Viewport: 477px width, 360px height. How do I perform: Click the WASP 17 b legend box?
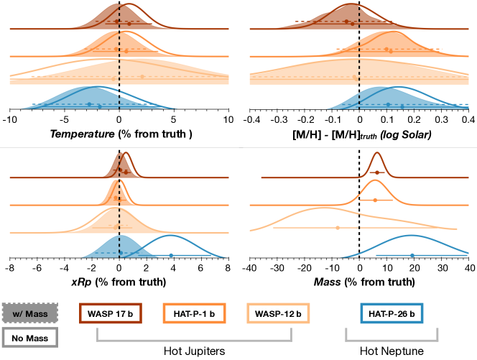tap(110, 314)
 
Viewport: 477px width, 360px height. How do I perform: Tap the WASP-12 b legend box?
tap(278, 314)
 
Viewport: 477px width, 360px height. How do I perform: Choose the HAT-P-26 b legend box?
tap(391, 314)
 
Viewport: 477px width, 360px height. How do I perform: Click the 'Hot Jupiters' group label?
tap(194, 351)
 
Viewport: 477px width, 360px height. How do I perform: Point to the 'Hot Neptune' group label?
tap(391, 351)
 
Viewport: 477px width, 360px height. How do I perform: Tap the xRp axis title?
tap(119, 283)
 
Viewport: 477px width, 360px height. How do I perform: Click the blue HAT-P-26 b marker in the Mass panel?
tap(412, 255)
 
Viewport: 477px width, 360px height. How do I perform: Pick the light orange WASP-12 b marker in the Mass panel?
tap(338, 228)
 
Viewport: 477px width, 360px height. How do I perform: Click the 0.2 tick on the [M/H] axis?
tap(414, 120)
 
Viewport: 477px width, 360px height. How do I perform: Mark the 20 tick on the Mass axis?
tap(414, 269)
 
